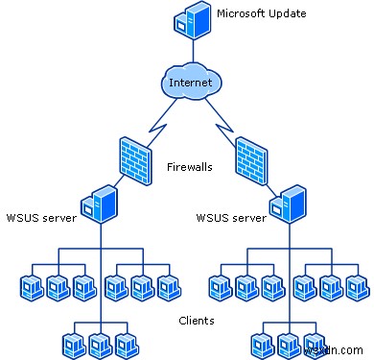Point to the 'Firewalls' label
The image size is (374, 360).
[189, 166]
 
